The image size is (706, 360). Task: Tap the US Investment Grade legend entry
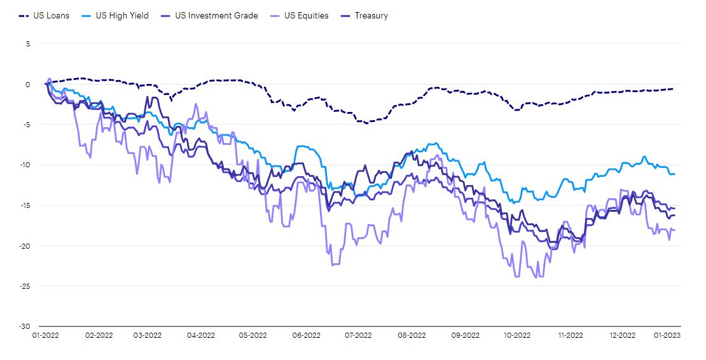(x=212, y=15)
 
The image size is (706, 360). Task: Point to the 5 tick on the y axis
(x=28, y=44)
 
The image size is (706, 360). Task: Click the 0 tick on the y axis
(x=28, y=84)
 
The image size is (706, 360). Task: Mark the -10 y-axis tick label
(x=25, y=165)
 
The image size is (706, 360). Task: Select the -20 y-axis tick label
(x=25, y=246)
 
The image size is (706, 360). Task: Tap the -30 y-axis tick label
(x=25, y=326)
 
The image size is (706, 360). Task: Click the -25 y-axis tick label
(x=25, y=286)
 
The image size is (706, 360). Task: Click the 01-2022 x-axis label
(x=46, y=335)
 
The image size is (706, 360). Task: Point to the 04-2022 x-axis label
(x=202, y=335)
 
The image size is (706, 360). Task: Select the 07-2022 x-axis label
(x=358, y=335)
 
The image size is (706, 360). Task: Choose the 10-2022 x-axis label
(x=516, y=335)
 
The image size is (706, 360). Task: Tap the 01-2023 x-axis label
(x=668, y=335)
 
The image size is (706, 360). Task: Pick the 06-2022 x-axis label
(x=307, y=335)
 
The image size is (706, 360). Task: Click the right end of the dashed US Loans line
(x=674, y=89)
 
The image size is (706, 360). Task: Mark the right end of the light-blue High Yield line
(x=674, y=174)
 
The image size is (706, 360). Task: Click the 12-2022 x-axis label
(x=622, y=335)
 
